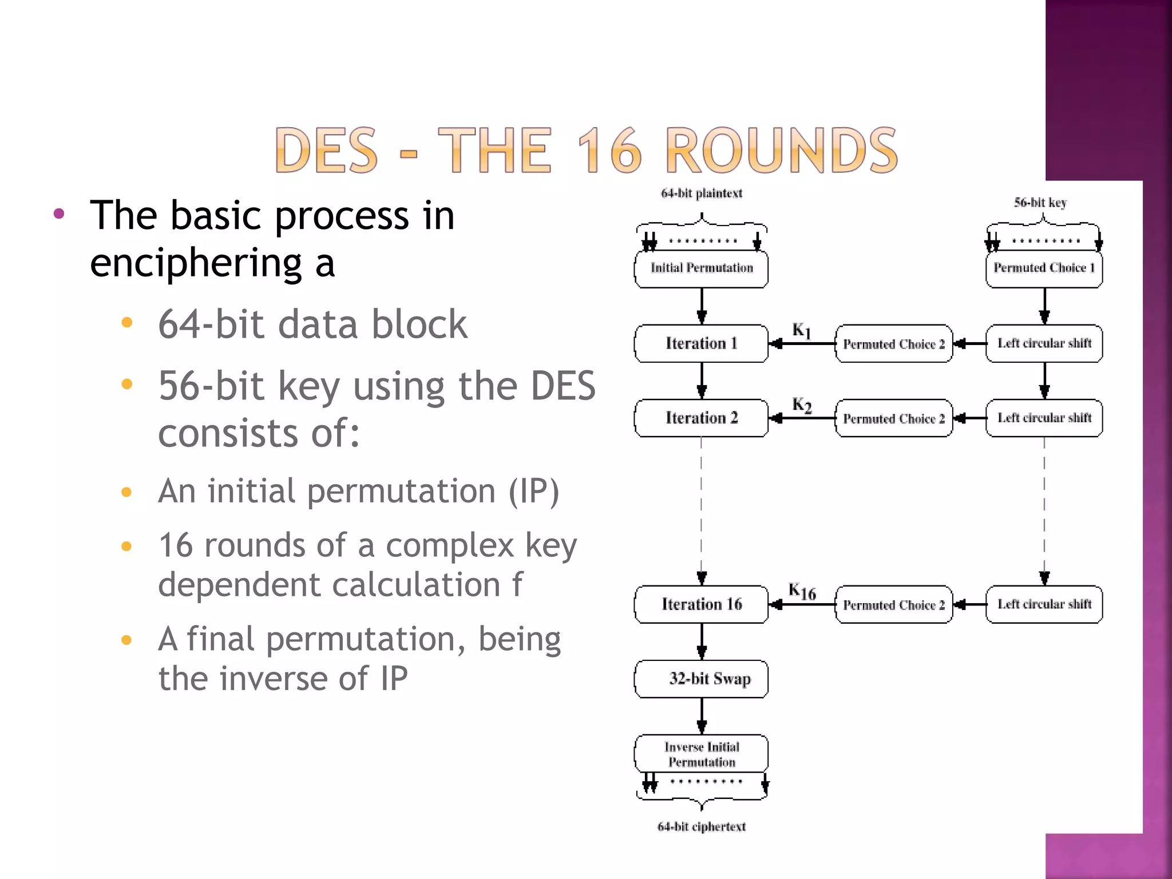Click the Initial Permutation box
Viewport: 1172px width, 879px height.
[x=701, y=268]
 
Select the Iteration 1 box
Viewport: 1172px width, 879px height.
[x=701, y=343]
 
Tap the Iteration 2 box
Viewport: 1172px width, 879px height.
[x=701, y=418]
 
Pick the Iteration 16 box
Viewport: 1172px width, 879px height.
[x=701, y=604]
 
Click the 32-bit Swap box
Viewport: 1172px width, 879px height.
[x=701, y=679]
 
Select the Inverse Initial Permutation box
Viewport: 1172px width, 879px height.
[x=701, y=754]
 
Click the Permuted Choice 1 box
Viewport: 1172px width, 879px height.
[x=1044, y=268]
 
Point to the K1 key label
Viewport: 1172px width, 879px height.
[x=801, y=330]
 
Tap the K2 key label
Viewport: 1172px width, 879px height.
[x=802, y=405]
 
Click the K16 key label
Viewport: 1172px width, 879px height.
[x=802, y=591]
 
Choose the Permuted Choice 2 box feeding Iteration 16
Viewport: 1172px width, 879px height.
[x=894, y=604]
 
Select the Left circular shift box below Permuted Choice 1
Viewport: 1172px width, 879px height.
[x=1044, y=343]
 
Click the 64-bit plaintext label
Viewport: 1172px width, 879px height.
[x=701, y=193]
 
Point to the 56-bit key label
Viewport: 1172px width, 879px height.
[x=1040, y=203]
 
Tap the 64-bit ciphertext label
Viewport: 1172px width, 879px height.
[x=701, y=826]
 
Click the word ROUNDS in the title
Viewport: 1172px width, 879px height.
[x=782, y=150]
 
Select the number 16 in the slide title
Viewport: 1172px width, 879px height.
[x=610, y=150]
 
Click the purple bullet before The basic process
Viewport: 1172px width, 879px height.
[x=59, y=214]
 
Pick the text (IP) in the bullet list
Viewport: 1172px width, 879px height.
[x=534, y=491]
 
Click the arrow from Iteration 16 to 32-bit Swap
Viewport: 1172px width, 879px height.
[x=702, y=642]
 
